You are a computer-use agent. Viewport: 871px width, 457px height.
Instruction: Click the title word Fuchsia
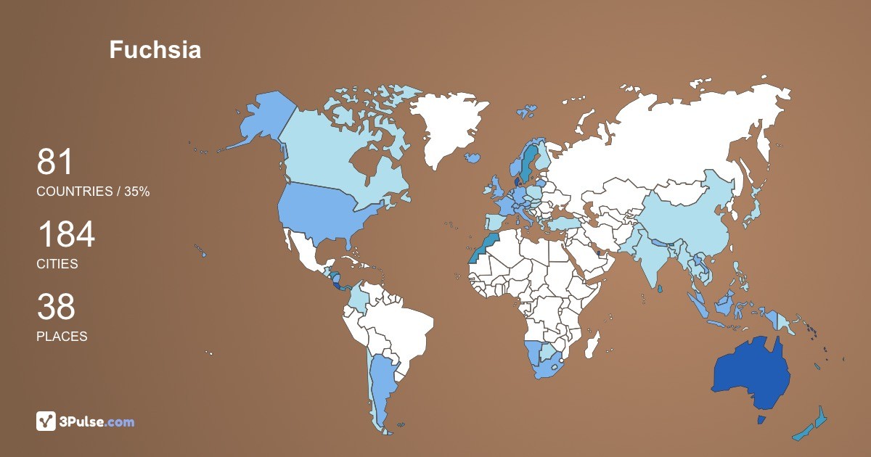click(155, 50)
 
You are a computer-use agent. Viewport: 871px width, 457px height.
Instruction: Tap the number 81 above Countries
click(55, 162)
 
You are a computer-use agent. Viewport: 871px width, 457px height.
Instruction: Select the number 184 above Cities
click(66, 235)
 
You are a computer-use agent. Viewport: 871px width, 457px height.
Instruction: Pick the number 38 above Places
click(56, 307)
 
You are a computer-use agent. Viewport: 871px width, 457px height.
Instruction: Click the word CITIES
click(57, 264)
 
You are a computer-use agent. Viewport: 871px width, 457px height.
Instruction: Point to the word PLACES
click(62, 337)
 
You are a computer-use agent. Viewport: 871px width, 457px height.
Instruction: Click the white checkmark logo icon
click(46, 421)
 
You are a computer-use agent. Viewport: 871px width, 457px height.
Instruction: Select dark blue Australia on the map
click(751, 374)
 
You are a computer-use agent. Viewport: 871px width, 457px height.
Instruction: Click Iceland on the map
click(473, 157)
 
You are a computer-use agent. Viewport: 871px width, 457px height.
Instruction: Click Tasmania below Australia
click(761, 420)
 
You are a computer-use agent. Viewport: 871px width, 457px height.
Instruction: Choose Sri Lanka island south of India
click(659, 288)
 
